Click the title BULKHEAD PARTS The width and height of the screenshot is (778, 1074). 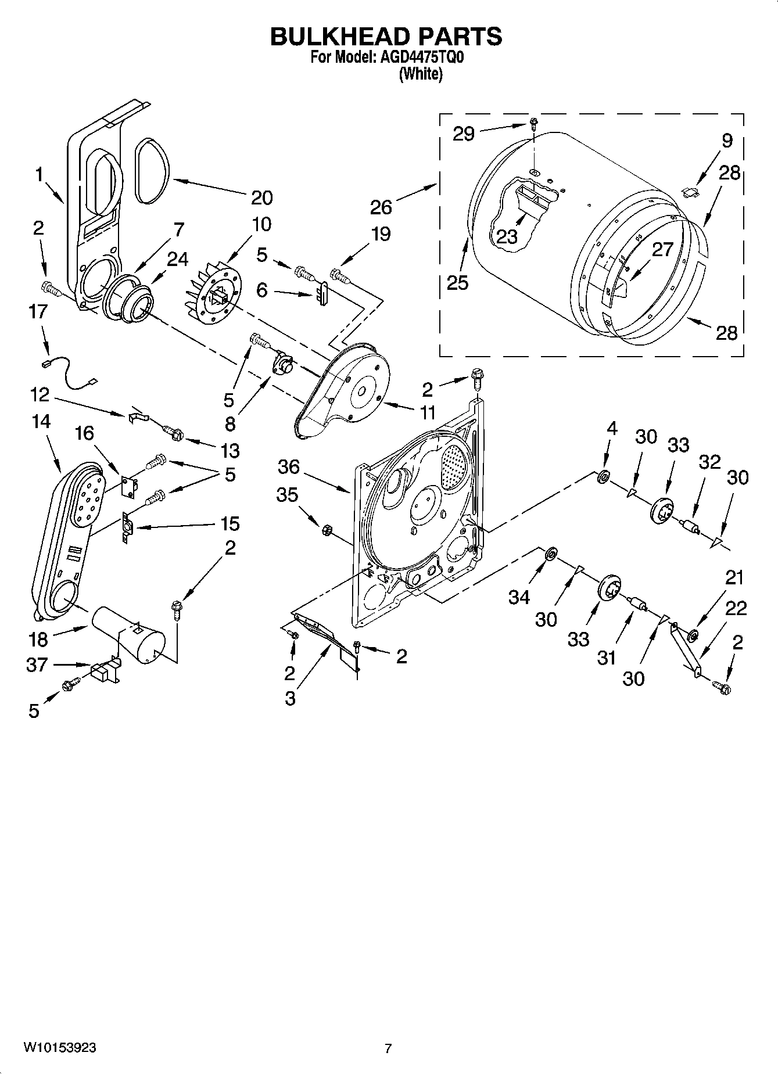386,37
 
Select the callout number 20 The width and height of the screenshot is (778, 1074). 261,198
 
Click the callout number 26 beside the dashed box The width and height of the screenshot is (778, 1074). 381,207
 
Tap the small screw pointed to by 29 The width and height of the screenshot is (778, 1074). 534,123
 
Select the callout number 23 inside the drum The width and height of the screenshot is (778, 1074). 507,236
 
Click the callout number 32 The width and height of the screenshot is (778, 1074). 709,462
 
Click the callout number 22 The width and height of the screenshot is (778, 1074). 736,608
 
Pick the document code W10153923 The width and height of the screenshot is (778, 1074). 60,1048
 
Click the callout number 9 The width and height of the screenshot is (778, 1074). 727,140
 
